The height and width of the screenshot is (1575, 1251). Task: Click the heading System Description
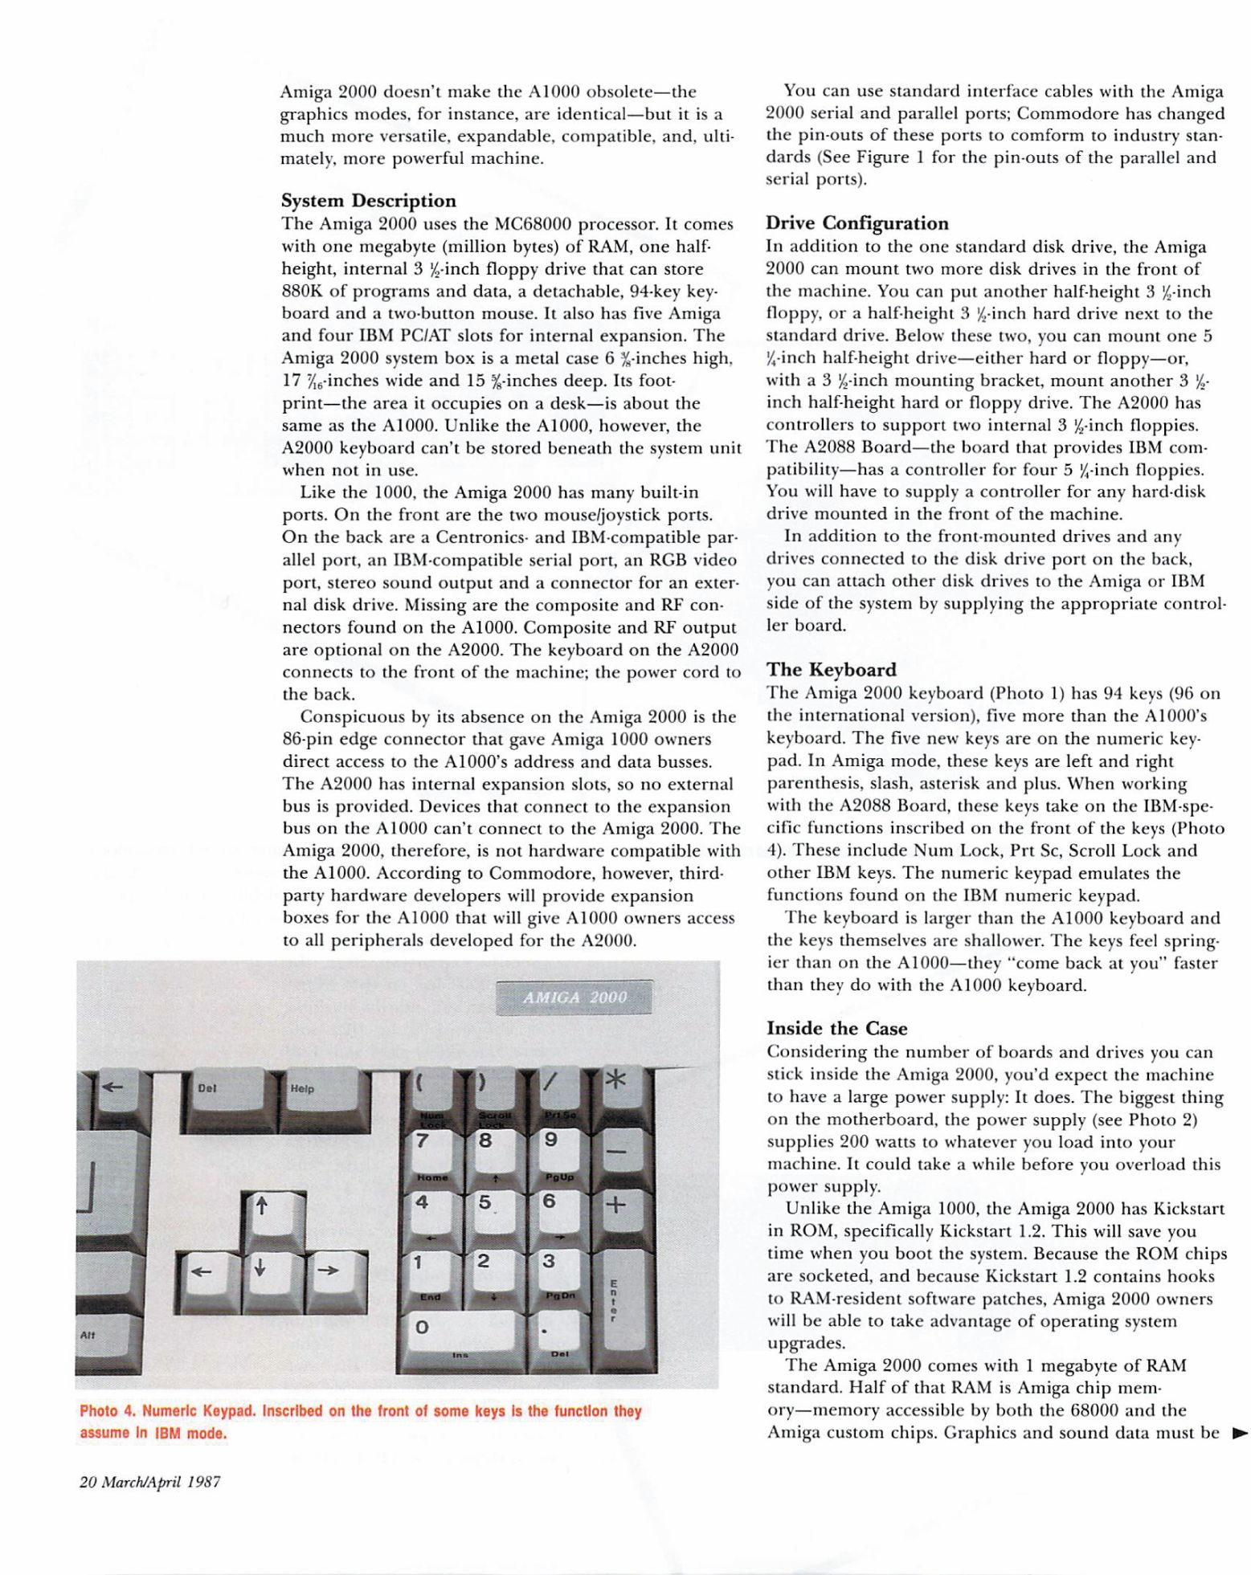[369, 201]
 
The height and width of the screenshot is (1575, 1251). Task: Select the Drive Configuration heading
[856, 223]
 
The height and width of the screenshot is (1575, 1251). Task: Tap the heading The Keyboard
[831, 670]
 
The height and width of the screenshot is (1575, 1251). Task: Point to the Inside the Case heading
[836, 1029]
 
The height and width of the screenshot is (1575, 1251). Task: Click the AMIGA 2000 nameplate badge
[574, 998]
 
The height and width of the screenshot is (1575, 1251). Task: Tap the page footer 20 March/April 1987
[149, 1482]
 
